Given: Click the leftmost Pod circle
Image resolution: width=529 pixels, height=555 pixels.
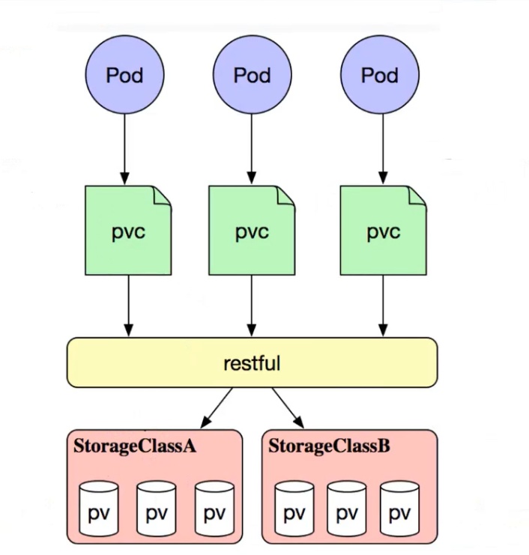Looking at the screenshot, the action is tap(124, 74).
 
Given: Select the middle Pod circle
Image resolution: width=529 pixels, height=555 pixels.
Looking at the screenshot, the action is tap(252, 74).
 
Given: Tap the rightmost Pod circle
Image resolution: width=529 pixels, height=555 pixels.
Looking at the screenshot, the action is tap(380, 74).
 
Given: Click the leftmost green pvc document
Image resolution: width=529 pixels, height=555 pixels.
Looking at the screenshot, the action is tap(128, 231).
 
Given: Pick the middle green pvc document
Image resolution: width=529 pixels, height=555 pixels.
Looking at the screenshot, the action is tap(252, 231).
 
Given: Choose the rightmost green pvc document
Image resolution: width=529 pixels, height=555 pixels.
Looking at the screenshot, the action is tap(384, 231).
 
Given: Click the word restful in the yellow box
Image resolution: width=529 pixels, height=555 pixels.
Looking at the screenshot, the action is tap(252, 363).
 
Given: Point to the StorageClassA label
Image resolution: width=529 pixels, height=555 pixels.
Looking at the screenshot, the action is tap(135, 446).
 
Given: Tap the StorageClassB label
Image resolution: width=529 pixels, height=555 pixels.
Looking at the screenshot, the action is tap(329, 446).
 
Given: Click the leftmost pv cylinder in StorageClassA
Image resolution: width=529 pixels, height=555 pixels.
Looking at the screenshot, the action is tap(99, 509).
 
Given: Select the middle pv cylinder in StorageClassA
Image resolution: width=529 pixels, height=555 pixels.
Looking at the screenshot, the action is tap(156, 509).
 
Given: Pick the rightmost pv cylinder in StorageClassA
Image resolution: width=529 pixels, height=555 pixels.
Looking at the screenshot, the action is tap(214, 509).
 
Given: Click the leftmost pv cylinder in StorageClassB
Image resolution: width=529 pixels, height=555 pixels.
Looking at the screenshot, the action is tap(294, 509).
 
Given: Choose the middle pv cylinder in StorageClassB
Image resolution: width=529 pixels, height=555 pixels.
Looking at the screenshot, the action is tap(347, 509).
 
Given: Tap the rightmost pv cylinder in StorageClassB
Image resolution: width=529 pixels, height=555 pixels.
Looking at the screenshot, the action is tap(400, 509).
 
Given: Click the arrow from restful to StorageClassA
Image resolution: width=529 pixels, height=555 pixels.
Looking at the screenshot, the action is tap(217, 407).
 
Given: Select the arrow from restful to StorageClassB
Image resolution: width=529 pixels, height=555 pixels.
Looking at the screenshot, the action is tap(288, 407).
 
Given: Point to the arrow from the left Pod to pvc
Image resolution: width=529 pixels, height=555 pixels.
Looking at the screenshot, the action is tap(124, 149).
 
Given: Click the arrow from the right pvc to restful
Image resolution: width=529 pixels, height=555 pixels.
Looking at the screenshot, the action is tap(383, 306).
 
